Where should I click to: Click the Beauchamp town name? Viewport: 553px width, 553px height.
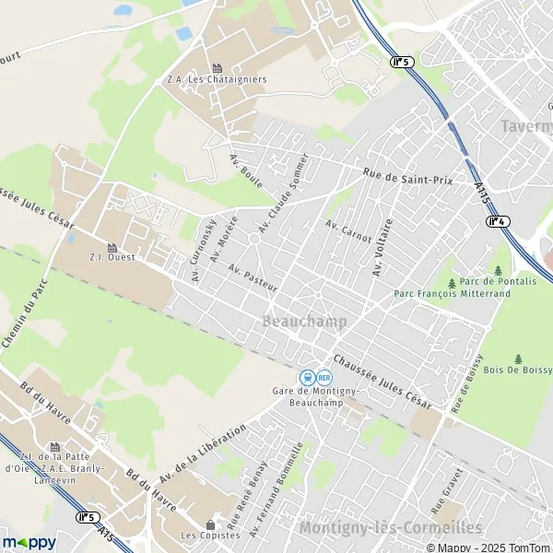[x=304, y=322]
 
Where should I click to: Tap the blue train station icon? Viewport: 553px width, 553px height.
[x=306, y=377]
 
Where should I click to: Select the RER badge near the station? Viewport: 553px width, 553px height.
[x=324, y=377]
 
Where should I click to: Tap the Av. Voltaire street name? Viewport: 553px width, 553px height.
[x=382, y=247]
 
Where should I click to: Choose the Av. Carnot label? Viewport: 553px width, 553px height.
[x=348, y=231]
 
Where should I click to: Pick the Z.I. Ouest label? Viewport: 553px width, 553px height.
[x=112, y=257]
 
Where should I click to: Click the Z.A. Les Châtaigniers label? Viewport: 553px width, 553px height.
[x=217, y=79]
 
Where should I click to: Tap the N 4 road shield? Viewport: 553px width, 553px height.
[x=498, y=220]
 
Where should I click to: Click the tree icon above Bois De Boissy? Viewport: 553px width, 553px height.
[x=519, y=358]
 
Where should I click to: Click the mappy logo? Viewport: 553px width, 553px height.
[x=29, y=543]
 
